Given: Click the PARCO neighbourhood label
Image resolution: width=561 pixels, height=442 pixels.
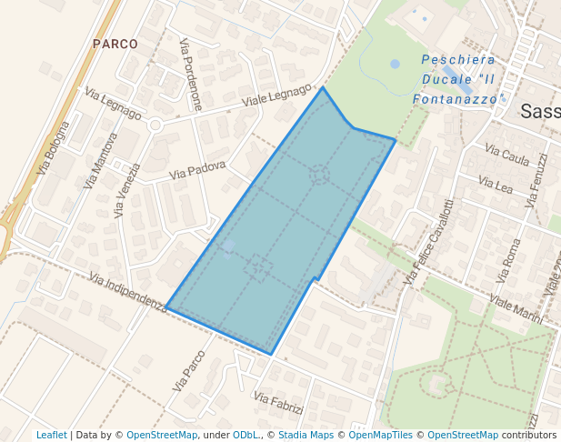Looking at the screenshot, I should (115, 44).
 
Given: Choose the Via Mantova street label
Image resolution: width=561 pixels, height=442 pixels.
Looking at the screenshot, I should (101, 160).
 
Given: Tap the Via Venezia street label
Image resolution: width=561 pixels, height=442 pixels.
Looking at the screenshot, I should (128, 190).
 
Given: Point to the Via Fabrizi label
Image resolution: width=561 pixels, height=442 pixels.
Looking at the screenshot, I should (278, 403).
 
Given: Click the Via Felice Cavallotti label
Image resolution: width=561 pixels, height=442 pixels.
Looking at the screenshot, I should (428, 242).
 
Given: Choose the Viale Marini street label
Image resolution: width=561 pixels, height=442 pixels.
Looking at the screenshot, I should (516, 309).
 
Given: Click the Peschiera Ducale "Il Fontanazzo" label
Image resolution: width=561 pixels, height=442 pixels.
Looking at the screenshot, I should (457, 78).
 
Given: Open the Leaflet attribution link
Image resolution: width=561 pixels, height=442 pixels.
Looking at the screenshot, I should (52, 435).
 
